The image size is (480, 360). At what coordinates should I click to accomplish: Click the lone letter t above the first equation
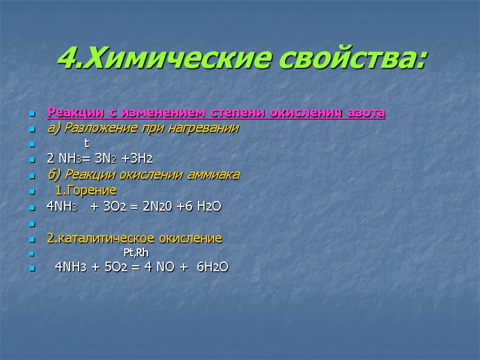(x=86, y=143)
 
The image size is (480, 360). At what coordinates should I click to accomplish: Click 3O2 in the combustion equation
(x=113, y=206)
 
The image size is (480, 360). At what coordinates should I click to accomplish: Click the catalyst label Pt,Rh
(x=136, y=253)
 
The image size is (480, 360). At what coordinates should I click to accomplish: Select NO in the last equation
(x=162, y=267)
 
